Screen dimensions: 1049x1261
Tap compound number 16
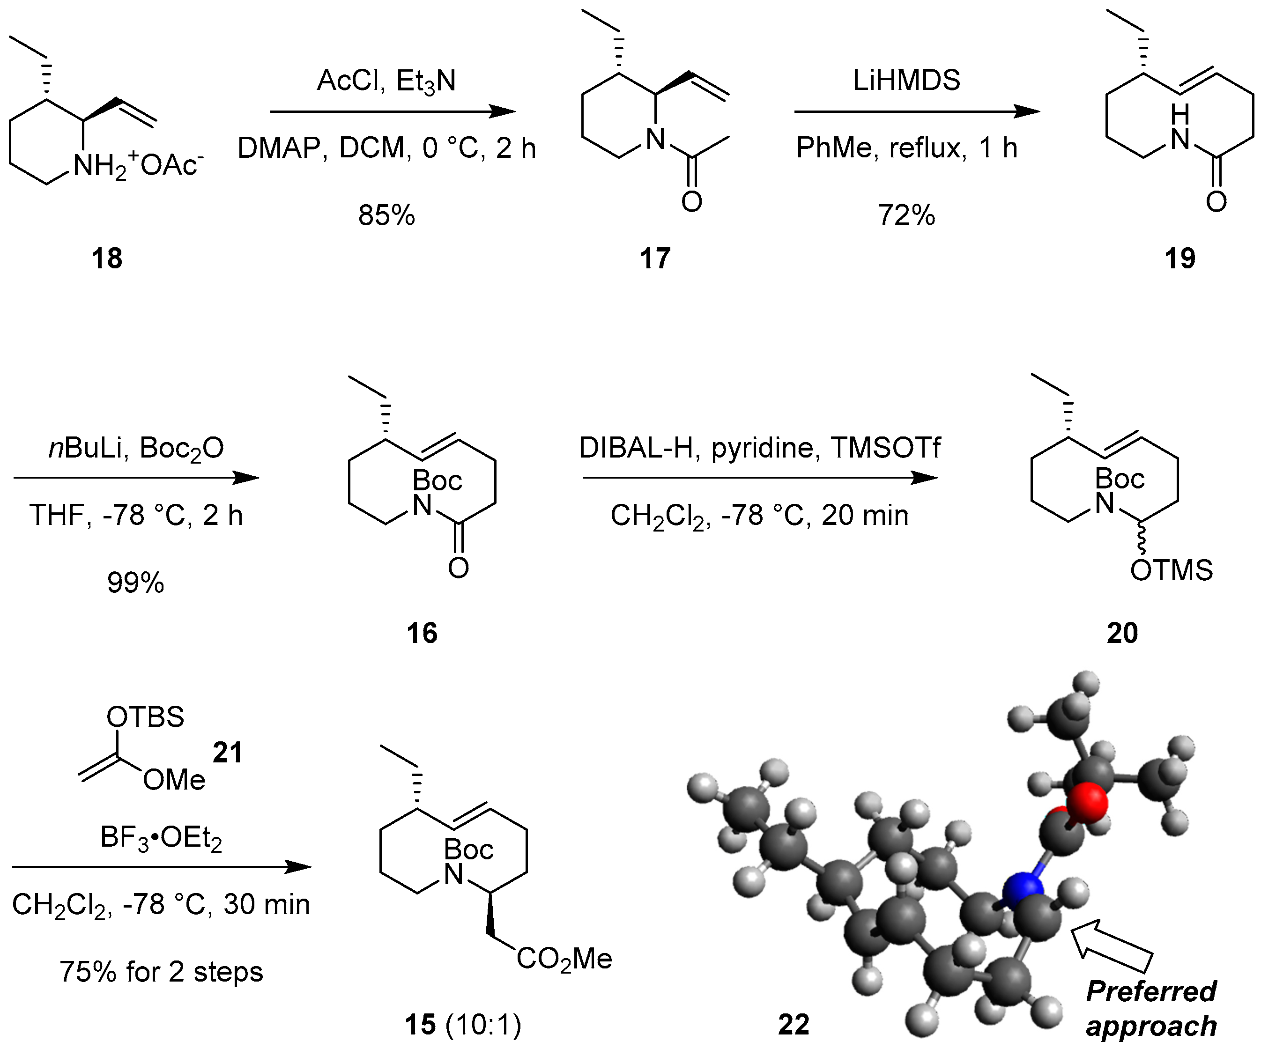422,633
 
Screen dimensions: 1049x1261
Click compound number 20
1122,633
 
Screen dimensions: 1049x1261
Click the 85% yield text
386,215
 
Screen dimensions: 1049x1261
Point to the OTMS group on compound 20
1171,570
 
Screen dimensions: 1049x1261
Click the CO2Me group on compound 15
564,959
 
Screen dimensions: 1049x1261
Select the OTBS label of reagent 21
145,717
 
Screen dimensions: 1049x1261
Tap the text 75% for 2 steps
161,972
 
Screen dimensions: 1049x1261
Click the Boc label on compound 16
437,481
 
